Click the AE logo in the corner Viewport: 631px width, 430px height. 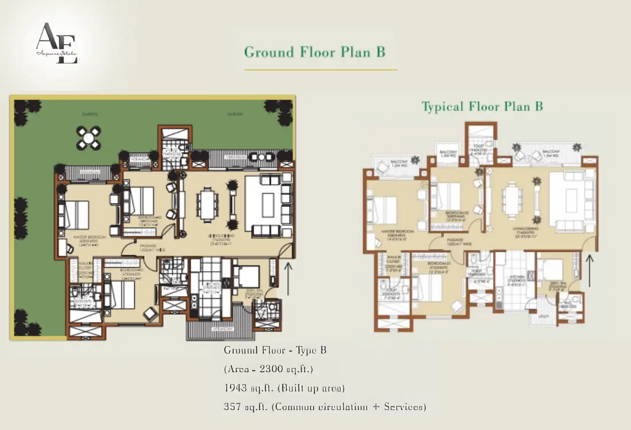point(56,43)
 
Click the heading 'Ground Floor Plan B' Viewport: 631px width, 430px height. point(314,52)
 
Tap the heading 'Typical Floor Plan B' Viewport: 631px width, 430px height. point(482,106)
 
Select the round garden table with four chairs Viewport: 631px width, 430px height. point(89,138)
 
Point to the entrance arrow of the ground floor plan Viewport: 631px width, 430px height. point(288,278)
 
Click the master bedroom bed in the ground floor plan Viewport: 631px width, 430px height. point(77,215)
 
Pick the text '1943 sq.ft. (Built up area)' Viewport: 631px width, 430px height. point(284,388)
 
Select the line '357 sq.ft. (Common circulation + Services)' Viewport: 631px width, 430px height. point(325,407)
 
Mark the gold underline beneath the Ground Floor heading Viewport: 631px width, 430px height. point(321,70)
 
